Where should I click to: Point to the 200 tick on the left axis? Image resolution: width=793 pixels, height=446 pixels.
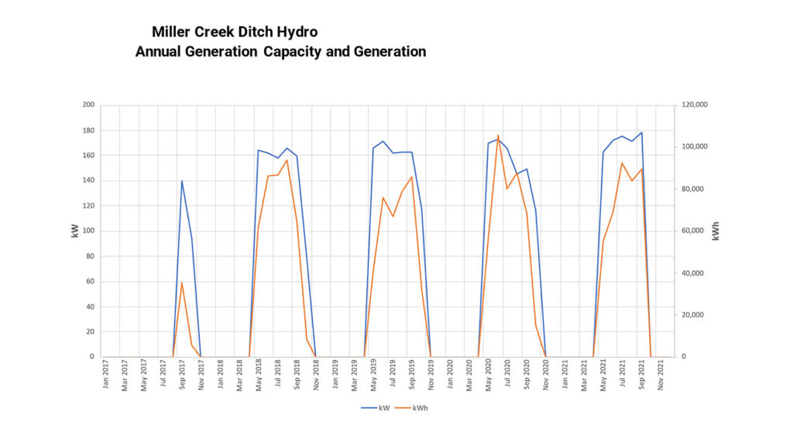pos(88,105)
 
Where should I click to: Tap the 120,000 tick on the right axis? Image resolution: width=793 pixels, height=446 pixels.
pos(693,105)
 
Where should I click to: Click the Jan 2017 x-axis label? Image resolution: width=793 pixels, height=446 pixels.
pos(106,375)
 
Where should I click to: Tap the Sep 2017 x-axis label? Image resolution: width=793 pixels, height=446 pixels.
pos(182,375)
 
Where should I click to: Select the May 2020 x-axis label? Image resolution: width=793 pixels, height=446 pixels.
pos(489,375)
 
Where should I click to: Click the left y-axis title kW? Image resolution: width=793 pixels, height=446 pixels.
pos(75,231)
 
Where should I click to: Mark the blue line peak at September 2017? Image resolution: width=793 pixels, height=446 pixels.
pos(182,181)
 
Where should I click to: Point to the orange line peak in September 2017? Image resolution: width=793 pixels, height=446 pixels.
pos(182,283)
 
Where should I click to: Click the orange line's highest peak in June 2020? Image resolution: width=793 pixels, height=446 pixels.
pos(498,136)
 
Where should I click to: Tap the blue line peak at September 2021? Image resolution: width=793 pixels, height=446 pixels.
pos(641,132)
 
